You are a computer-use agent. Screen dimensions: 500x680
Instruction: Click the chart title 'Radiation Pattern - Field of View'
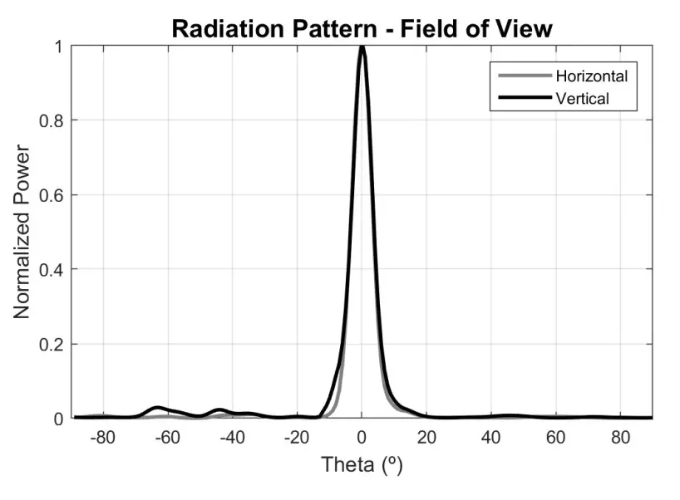point(361,28)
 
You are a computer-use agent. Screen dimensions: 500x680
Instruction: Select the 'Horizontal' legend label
point(591,76)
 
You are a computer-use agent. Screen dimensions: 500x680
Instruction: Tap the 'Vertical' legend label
point(582,98)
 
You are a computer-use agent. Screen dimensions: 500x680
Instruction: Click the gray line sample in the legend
point(524,76)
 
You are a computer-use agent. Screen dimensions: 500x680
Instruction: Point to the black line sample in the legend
point(524,98)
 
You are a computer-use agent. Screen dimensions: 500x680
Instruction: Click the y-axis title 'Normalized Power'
point(22,233)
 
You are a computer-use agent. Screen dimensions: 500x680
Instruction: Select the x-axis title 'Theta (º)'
point(362,465)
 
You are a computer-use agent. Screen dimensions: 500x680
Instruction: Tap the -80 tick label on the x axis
point(102,437)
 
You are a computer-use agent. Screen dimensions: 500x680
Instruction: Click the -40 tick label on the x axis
point(232,437)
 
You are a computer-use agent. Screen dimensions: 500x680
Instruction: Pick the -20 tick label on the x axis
point(297,437)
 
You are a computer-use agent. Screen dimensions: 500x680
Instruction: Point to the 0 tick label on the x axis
point(362,437)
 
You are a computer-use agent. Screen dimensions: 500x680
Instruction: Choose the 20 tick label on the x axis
point(426,437)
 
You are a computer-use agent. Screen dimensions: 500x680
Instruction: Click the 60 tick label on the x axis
point(556,437)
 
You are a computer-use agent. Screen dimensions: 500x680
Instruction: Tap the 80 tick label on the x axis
point(621,437)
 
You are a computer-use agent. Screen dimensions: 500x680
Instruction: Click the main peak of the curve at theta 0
point(362,48)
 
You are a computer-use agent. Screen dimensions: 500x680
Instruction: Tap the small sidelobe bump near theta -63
point(157,408)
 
